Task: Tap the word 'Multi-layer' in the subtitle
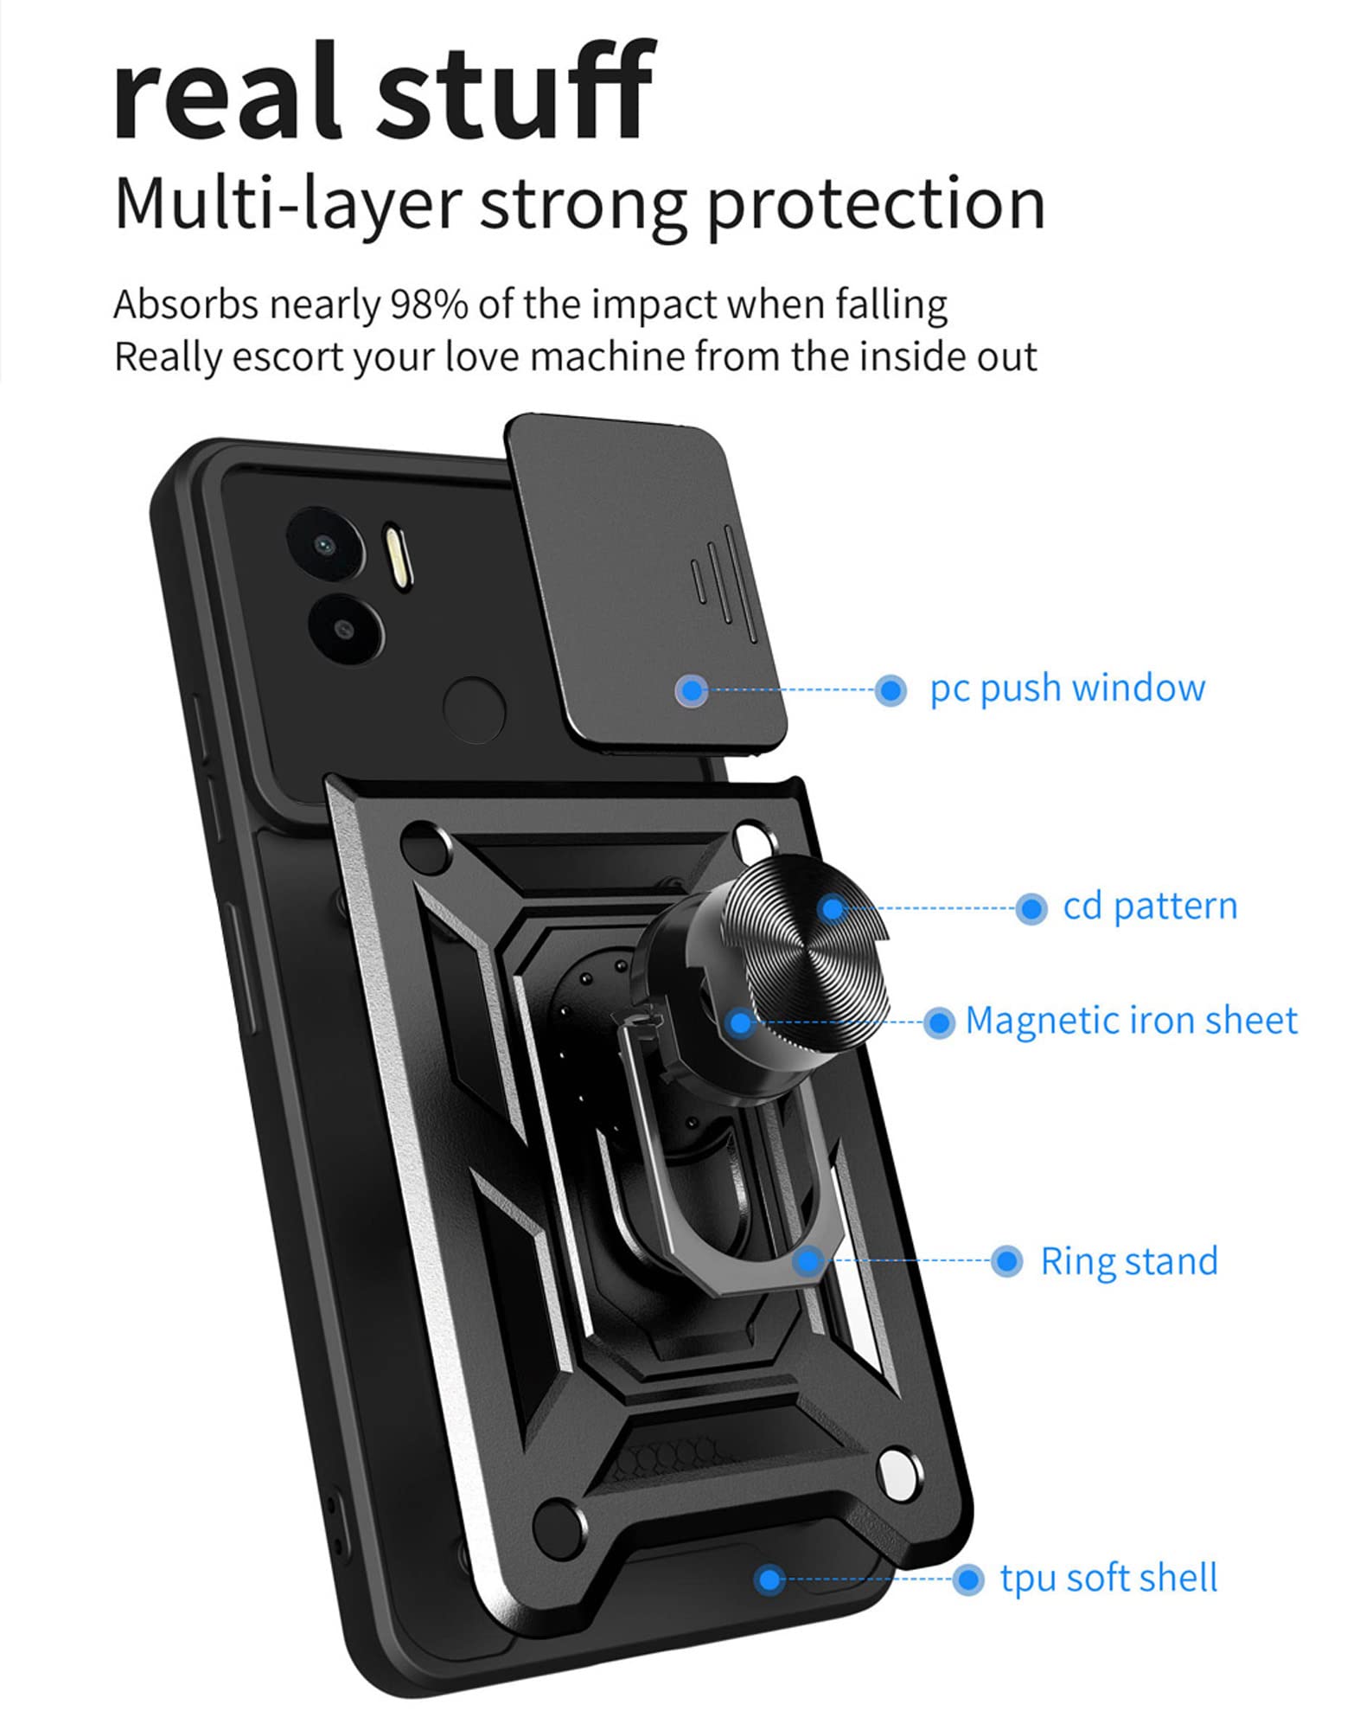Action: click(287, 205)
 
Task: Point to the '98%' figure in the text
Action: click(430, 304)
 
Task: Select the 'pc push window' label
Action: click(1067, 689)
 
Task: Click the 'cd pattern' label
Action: click(1150, 907)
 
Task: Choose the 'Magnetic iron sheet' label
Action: click(1131, 1021)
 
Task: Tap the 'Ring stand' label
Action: click(1128, 1260)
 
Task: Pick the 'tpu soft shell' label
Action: click(1108, 1578)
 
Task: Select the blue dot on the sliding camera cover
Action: click(691, 689)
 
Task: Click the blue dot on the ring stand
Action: click(809, 1260)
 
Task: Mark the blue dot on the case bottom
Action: click(768, 1579)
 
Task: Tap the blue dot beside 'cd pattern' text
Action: click(1030, 908)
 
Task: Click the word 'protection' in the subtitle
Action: click(876, 205)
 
